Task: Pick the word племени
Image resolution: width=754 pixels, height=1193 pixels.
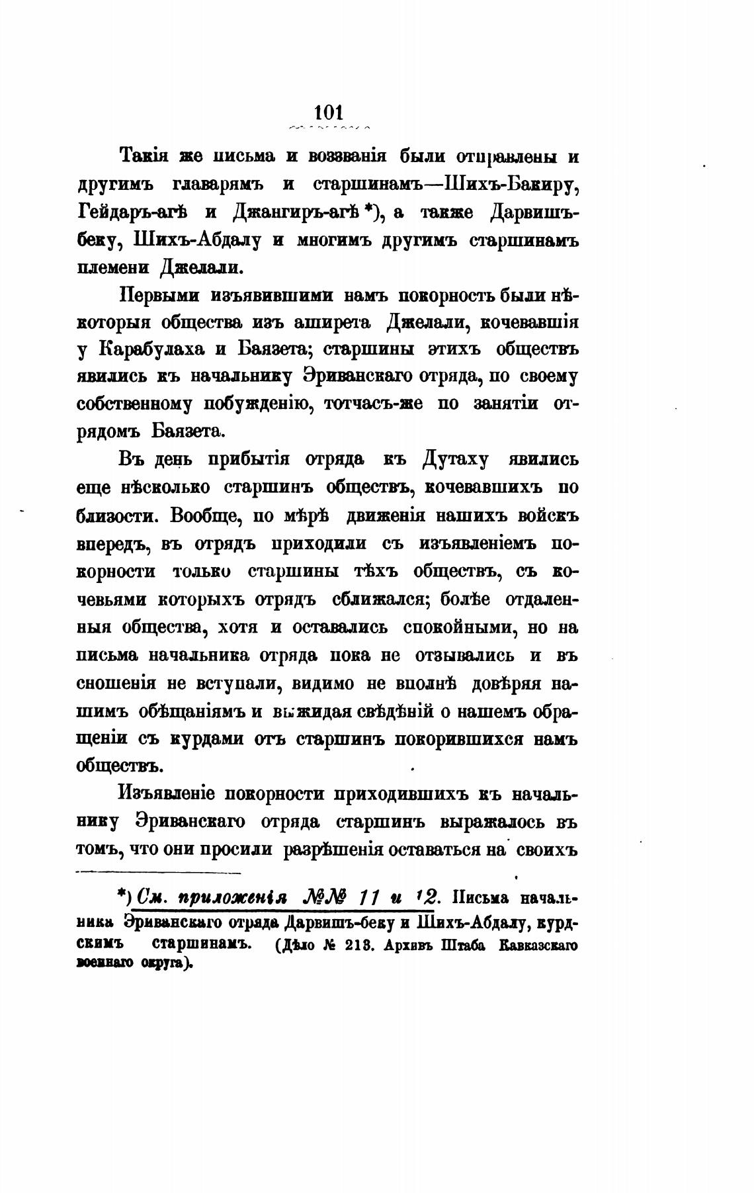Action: (x=113, y=268)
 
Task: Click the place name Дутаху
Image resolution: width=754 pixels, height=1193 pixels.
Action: (x=452, y=460)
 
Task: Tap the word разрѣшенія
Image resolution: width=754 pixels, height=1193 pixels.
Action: (x=334, y=849)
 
